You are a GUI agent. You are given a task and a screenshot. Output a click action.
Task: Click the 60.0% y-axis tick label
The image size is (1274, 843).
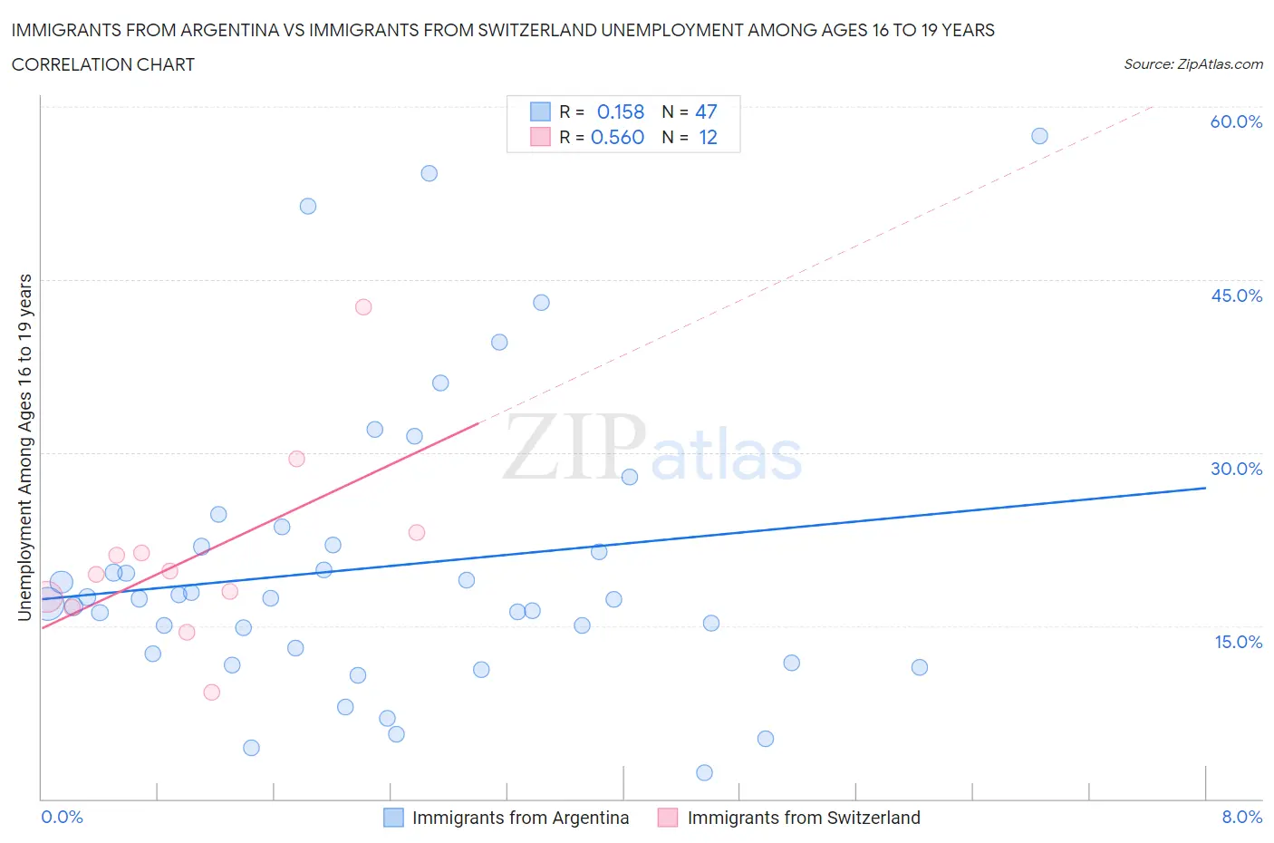1236,121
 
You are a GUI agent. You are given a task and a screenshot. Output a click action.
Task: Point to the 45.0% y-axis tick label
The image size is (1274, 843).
1236,296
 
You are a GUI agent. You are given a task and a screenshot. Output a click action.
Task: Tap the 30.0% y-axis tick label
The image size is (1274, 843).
1236,469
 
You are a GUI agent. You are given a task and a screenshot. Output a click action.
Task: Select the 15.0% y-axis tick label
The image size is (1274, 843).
1236,642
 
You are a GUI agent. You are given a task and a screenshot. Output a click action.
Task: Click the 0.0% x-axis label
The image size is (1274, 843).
62,817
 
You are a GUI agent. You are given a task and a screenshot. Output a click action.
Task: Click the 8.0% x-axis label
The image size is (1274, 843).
1241,817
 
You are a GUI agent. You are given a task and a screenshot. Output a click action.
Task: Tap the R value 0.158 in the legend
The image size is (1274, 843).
620,111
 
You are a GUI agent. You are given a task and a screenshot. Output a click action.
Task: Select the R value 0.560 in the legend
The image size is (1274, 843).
617,137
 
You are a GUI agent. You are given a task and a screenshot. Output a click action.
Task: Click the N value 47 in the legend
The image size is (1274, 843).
706,111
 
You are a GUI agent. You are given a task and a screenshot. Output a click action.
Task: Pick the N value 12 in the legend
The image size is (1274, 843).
708,137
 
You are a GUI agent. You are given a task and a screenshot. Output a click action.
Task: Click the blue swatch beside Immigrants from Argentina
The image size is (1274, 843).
393,818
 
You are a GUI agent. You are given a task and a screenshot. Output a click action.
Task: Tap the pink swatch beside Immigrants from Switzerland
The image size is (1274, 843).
668,818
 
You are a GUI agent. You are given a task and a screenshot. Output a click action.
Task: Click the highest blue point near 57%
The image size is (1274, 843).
1039,136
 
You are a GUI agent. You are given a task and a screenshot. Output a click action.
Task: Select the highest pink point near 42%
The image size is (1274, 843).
363,306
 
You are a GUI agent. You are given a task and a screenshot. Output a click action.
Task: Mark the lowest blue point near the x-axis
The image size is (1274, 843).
704,772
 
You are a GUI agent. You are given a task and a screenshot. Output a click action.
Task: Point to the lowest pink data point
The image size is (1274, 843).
212,692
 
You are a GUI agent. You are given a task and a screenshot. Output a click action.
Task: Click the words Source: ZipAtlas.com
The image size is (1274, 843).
1192,64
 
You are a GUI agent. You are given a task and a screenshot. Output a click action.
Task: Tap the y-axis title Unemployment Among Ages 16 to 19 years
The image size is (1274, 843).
25,447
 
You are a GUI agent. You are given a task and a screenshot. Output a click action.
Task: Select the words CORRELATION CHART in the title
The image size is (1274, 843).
103,64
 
